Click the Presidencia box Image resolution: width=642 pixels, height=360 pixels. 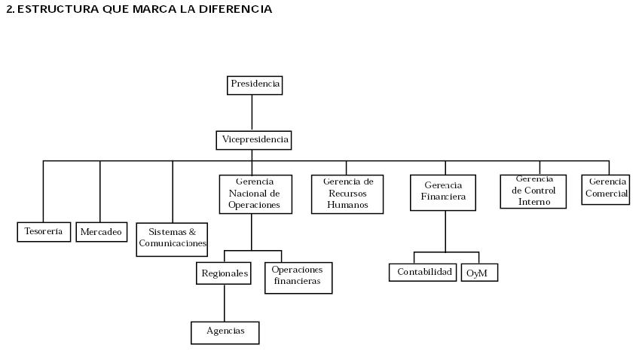(255, 84)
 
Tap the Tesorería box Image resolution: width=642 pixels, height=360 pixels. (44, 232)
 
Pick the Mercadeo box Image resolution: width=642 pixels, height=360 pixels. (101, 232)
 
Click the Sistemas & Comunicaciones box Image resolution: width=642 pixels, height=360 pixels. (172, 239)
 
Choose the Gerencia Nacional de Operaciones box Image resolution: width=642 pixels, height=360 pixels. (255, 194)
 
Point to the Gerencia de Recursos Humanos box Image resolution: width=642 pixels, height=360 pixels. (347, 194)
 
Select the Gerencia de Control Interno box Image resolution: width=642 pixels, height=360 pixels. (533, 191)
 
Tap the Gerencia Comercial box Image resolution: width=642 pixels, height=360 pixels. (606, 189)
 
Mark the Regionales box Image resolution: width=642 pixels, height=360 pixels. (224, 273)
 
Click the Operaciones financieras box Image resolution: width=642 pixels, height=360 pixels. (298, 277)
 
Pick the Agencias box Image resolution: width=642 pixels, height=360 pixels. (225, 332)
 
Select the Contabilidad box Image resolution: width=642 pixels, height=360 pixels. (423, 272)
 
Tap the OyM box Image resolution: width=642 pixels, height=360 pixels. (479, 273)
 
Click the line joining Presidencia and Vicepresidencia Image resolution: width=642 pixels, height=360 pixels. (252, 112)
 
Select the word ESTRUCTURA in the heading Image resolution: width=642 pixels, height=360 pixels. (51, 9)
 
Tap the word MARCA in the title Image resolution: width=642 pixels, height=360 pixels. (157, 9)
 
